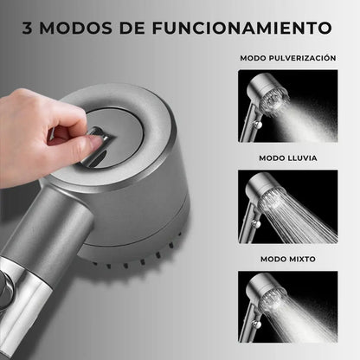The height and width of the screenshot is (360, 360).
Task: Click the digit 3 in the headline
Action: (x=28, y=28)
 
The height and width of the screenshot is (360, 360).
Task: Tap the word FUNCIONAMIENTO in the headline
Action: (x=241, y=28)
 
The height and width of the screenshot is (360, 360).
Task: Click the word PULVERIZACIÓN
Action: (x=302, y=58)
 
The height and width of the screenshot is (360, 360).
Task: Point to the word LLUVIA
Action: (x=302, y=158)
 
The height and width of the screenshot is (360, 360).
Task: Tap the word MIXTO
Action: (x=302, y=259)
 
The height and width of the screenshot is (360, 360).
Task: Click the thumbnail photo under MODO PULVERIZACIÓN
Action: (x=288, y=106)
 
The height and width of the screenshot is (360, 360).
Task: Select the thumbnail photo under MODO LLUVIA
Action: (x=288, y=207)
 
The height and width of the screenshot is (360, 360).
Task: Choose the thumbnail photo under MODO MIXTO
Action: (x=288, y=306)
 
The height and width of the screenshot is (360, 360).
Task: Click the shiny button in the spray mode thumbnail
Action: (x=257, y=124)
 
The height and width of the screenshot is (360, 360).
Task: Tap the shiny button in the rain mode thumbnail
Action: (x=255, y=224)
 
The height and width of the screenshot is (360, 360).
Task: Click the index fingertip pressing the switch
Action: (x=97, y=140)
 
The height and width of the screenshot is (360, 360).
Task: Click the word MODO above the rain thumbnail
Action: (x=272, y=158)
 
